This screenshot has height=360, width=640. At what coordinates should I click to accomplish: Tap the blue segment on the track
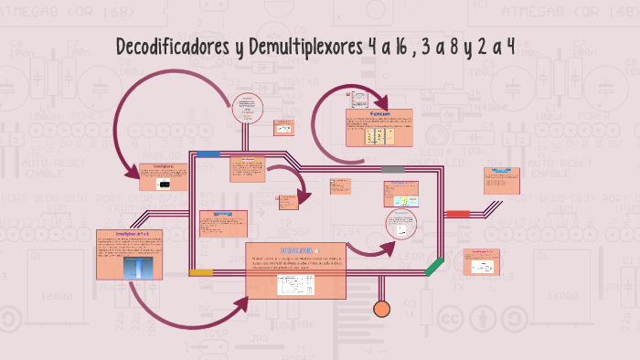pyautogui.click(x=208, y=154)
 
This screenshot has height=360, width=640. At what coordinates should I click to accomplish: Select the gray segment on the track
pyautogui.click(x=393, y=169)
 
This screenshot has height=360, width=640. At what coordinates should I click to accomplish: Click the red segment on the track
pyautogui.click(x=458, y=214)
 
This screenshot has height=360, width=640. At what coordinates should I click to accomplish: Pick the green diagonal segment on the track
pyautogui.click(x=434, y=268)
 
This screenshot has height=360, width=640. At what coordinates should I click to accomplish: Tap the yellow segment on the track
pyautogui.click(x=201, y=272)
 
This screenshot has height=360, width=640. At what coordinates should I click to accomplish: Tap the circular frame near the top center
pyautogui.click(x=245, y=107)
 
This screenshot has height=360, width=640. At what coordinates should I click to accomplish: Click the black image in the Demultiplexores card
pyautogui.click(x=164, y=184)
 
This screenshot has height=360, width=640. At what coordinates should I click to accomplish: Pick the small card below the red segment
pyautogui.click(x=480, y=261)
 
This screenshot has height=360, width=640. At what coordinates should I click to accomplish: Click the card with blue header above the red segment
pyautogui.click(x=500, y=180)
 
